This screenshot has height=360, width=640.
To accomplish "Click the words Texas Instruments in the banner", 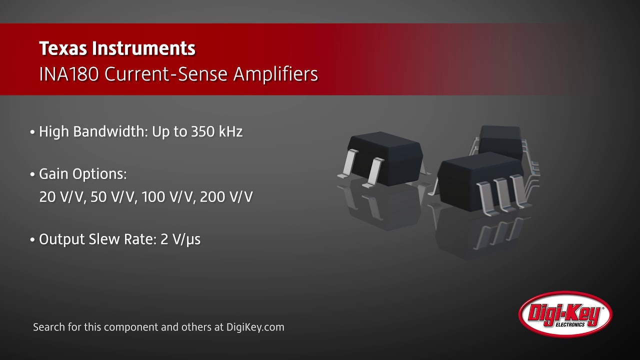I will pyautogui.click(x=117, y=48).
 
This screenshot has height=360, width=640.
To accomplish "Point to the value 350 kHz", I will pyautogui.click(x=216, y=132).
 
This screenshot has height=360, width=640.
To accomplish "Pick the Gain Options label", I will pyautogui.click(x=82, y=174).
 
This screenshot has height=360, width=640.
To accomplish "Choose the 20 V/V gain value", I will pyautogui.click(x=62, y=197).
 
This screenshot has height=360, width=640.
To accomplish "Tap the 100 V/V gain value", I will pyautogui.click(x=168, y=197).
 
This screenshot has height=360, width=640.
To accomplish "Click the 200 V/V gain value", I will pyautogui.click(x=226, y=197).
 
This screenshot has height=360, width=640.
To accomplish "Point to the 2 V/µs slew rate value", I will pyautogui.click(x=180, y=239).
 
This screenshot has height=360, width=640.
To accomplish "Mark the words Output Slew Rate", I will pyautogui.click(x=97, y=239).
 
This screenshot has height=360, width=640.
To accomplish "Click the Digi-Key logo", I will pyautogui.click(x=565, y=314).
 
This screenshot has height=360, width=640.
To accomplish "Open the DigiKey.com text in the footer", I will pyautogui.click(x=255, y=327).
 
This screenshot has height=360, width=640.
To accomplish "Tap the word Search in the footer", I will pyautogui.click(x=48, y=327).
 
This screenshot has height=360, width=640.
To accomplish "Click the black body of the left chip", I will pyautogui.click(x=385, y=152).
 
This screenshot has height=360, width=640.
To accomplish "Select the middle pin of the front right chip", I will pyautogui.click(x=502, y=195).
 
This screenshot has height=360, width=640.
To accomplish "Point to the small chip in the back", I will pyautogui.click(x=500, y=137).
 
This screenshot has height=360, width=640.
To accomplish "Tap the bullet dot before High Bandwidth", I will pyautogui.click(x=32, y=133).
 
